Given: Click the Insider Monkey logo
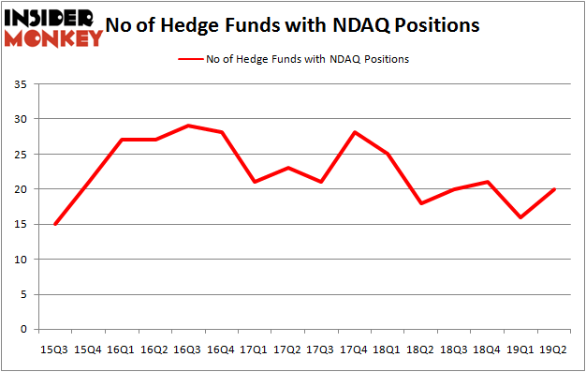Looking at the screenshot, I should pyautogui.click(x=53, y=26).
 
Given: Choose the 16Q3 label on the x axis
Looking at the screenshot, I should pyautogui.click(x=188, y=349).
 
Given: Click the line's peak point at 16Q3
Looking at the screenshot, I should pyautogui.click(x=188, y=126).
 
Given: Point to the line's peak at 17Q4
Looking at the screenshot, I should pyautogui.click(x=356, y=132).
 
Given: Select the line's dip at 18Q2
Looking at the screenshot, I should pyautogui.click(x=422, y=203).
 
